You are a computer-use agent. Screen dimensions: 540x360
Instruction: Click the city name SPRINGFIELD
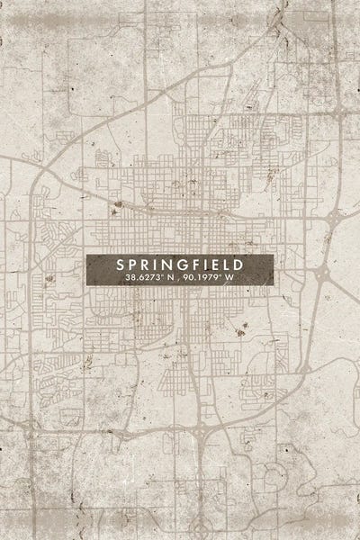click(x=180, y=265)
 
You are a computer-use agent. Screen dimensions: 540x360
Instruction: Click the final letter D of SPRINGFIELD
click(x=240, y=265)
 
